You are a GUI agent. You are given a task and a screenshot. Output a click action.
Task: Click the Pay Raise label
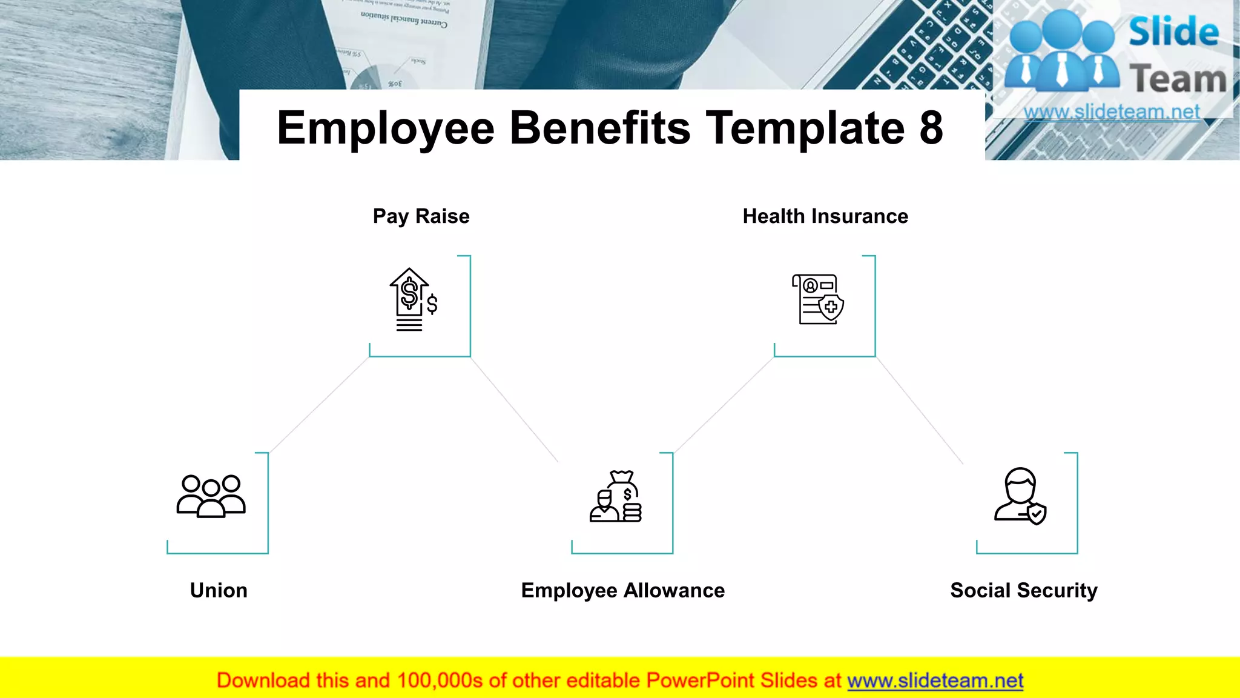[421, 216]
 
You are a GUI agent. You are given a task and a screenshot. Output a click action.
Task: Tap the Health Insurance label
[825, 216]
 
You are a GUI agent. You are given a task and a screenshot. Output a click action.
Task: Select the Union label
[219, 590]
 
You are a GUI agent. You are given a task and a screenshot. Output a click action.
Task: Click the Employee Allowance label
[622, 590]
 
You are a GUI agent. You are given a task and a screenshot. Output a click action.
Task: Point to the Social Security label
[1024, 590]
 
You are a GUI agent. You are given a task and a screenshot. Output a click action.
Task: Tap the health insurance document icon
[817, 299]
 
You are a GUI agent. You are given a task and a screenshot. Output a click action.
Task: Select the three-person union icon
[211, 496]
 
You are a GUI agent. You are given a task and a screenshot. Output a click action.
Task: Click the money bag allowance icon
[616, 496]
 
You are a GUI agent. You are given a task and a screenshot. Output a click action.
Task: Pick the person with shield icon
[1020, 496]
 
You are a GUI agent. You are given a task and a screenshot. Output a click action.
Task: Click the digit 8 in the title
[931, 128]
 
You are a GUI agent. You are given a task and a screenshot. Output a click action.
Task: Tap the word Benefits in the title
[599, 128]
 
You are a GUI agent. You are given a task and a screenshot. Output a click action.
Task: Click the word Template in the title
[805, 128]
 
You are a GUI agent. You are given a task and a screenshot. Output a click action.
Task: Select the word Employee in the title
[386, 128]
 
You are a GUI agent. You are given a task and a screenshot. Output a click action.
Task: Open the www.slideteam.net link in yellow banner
[935, 680]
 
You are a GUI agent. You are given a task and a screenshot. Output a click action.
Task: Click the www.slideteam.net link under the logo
[1112, 111]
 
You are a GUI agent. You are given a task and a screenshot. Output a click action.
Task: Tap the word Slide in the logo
[1173, 32]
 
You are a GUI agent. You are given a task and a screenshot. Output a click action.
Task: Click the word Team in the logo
[1177, 79]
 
